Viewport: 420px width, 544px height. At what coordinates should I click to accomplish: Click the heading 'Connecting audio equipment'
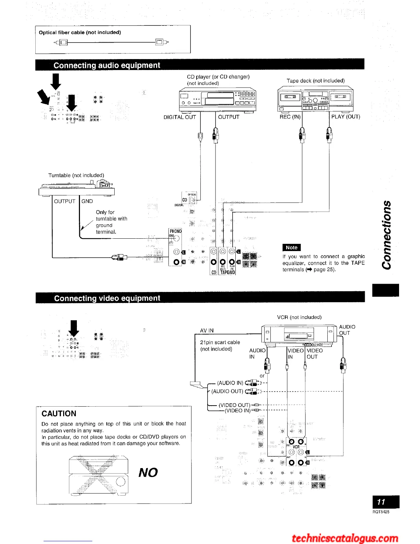107,65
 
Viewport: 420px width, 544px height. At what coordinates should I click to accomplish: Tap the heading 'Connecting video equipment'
107,298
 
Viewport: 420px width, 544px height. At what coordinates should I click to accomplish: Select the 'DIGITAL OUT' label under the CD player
180,117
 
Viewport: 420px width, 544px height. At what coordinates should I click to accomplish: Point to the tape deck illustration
315,99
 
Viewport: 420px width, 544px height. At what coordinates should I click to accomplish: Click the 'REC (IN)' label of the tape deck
290,117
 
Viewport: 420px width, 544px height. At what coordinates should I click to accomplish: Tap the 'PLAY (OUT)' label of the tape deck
346,117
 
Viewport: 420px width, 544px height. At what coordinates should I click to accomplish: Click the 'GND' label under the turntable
87,201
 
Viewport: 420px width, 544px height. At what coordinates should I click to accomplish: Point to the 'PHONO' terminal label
175,231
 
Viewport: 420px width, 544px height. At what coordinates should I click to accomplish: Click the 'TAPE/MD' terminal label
227,273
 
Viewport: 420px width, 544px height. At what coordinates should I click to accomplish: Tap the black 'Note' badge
291,247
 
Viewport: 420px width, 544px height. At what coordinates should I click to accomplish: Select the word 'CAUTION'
59,413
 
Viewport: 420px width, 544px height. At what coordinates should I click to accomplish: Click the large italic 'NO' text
148,473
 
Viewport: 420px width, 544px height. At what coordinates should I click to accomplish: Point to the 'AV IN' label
207,330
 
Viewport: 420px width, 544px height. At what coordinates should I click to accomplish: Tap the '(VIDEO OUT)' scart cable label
234,405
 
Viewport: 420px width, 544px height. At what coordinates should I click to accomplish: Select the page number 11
381,502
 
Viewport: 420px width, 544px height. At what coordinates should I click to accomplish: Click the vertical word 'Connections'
387,235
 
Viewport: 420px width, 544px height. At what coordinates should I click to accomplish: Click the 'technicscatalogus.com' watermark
345,538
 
